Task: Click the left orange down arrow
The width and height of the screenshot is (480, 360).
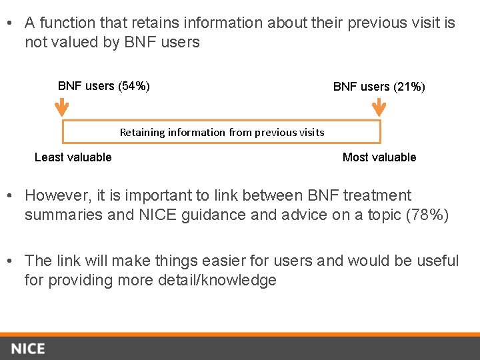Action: point(61,108)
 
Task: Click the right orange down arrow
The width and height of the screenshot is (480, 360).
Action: point(379,108)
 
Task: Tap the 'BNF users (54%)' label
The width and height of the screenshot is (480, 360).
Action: point(104,86)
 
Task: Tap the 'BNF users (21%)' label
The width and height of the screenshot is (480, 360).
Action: point(379,87)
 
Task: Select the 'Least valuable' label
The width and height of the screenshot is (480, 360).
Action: point(73,157)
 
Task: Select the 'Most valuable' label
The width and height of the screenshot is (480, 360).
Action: point(379,157)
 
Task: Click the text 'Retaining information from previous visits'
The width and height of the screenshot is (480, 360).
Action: point(222,132)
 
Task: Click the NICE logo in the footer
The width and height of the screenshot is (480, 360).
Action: point(28,349)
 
